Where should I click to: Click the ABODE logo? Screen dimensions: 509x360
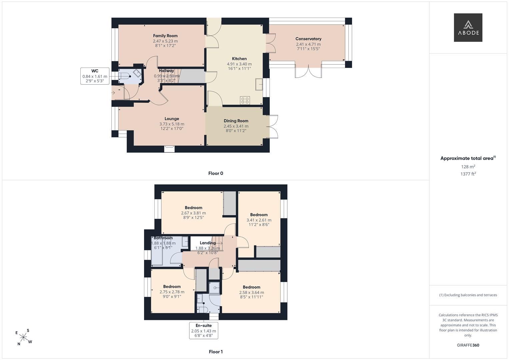click(x=468, y=27)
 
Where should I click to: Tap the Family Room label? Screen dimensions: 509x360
click(x=165, y=36)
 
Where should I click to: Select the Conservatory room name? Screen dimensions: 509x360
click(x=308, y=39)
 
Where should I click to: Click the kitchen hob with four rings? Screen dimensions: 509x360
click(x=245, y=100)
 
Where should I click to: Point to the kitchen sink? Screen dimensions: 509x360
click(x=259, y=85)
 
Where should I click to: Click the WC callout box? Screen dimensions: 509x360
click(x=95, y=76)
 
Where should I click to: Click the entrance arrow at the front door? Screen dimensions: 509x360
click(x=113, y=93)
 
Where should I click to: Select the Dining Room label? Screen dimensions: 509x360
click(x=236, y=121)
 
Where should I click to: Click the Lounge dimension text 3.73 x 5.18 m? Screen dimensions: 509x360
click(x=172, y=124)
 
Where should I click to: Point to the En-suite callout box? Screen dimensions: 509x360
click(x=204, y=331)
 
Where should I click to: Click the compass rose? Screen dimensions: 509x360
click(x=23, y=337)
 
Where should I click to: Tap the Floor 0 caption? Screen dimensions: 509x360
click(x=216, y=173)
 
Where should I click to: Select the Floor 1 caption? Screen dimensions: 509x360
click(x=216, y=352)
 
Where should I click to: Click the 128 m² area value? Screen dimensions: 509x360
click(x=468, y=167)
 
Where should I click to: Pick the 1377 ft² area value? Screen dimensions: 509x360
click(x=468, y=174)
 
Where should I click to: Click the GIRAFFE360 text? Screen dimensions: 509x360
click(x=468, y=345)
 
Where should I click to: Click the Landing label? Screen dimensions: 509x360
click(x=208, y=243)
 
